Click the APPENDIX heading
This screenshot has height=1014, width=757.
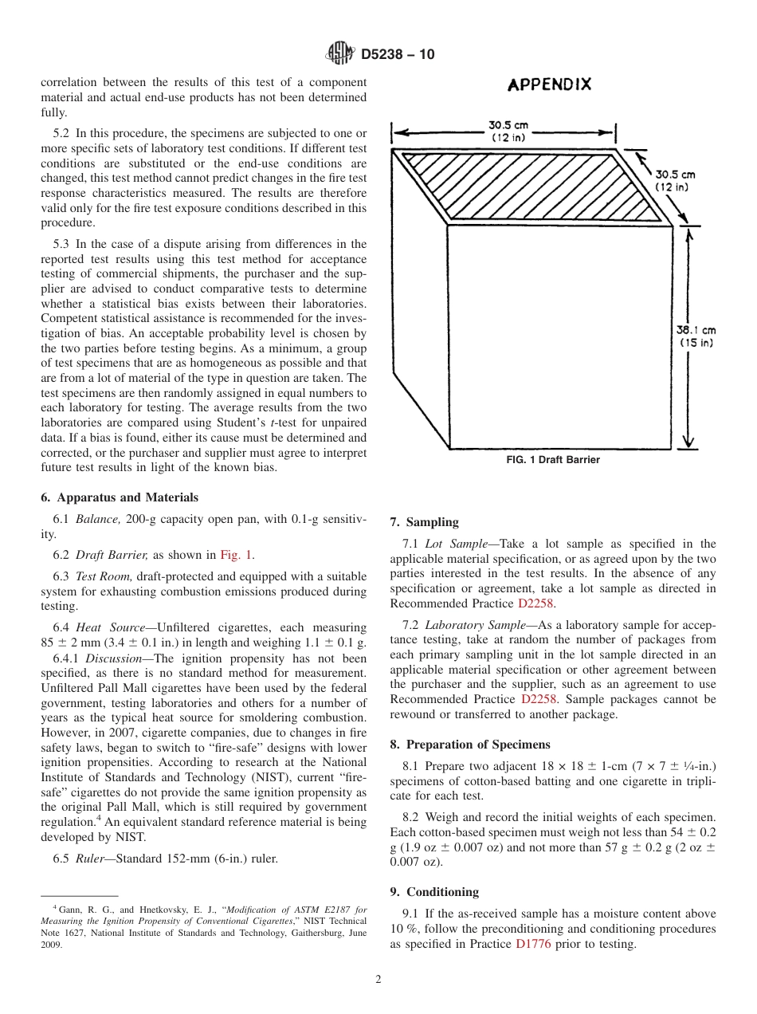(x=550, y=84)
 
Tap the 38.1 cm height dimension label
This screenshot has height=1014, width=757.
(x=696, y=336)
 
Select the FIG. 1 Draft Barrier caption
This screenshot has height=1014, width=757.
(x=553, y=460)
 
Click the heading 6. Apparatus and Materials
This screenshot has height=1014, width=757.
(x=120, y=497)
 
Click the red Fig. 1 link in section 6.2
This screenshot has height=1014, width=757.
(x=237, y=555)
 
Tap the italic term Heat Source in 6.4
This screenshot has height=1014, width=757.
(x=111, y=628)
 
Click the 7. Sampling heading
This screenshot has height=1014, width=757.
(x=424, y=522)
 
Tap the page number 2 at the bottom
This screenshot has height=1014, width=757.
(x=378, y=980)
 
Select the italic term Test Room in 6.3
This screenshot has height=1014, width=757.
(x=103, y=576)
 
